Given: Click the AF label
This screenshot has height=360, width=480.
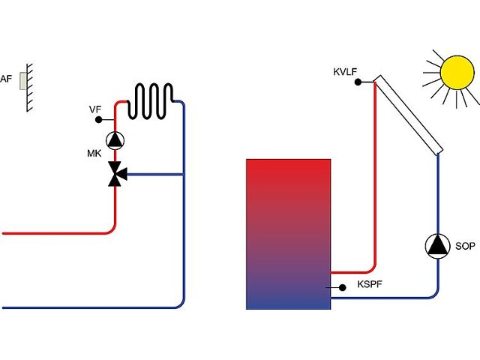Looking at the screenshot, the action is pos(6,79).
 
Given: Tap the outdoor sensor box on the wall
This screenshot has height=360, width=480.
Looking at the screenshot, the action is pos(23,81).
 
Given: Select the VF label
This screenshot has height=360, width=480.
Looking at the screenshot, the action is pos(95,109).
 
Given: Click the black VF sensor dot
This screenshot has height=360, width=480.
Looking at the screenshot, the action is pos(98,120).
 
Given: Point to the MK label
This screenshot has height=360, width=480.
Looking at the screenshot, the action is pos(94,153).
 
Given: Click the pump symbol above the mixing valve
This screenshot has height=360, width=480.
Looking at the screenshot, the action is pos(115,140).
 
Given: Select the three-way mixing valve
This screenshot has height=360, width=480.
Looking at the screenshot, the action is pos(117,174).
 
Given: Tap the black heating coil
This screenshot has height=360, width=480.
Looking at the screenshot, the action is pos(150,100).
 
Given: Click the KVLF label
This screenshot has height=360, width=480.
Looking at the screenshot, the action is pos(345,72).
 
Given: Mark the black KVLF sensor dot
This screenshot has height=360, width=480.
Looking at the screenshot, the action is pos(358,82).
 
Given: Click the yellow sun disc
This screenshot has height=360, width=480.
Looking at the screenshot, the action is pos(457,73).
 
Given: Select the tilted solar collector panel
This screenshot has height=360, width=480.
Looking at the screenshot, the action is pos(408,115).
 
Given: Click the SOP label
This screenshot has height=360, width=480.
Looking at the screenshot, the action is pos(465,246).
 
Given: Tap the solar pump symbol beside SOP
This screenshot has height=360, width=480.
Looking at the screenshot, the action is pos(438,246).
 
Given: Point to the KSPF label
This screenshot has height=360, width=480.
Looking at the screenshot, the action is pos(370,284).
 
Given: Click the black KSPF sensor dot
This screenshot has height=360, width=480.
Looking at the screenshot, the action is pos(343,287).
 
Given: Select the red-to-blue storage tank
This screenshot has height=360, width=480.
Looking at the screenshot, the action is pos(288,234).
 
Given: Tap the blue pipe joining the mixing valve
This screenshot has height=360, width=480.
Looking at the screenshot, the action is pos(154,175).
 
